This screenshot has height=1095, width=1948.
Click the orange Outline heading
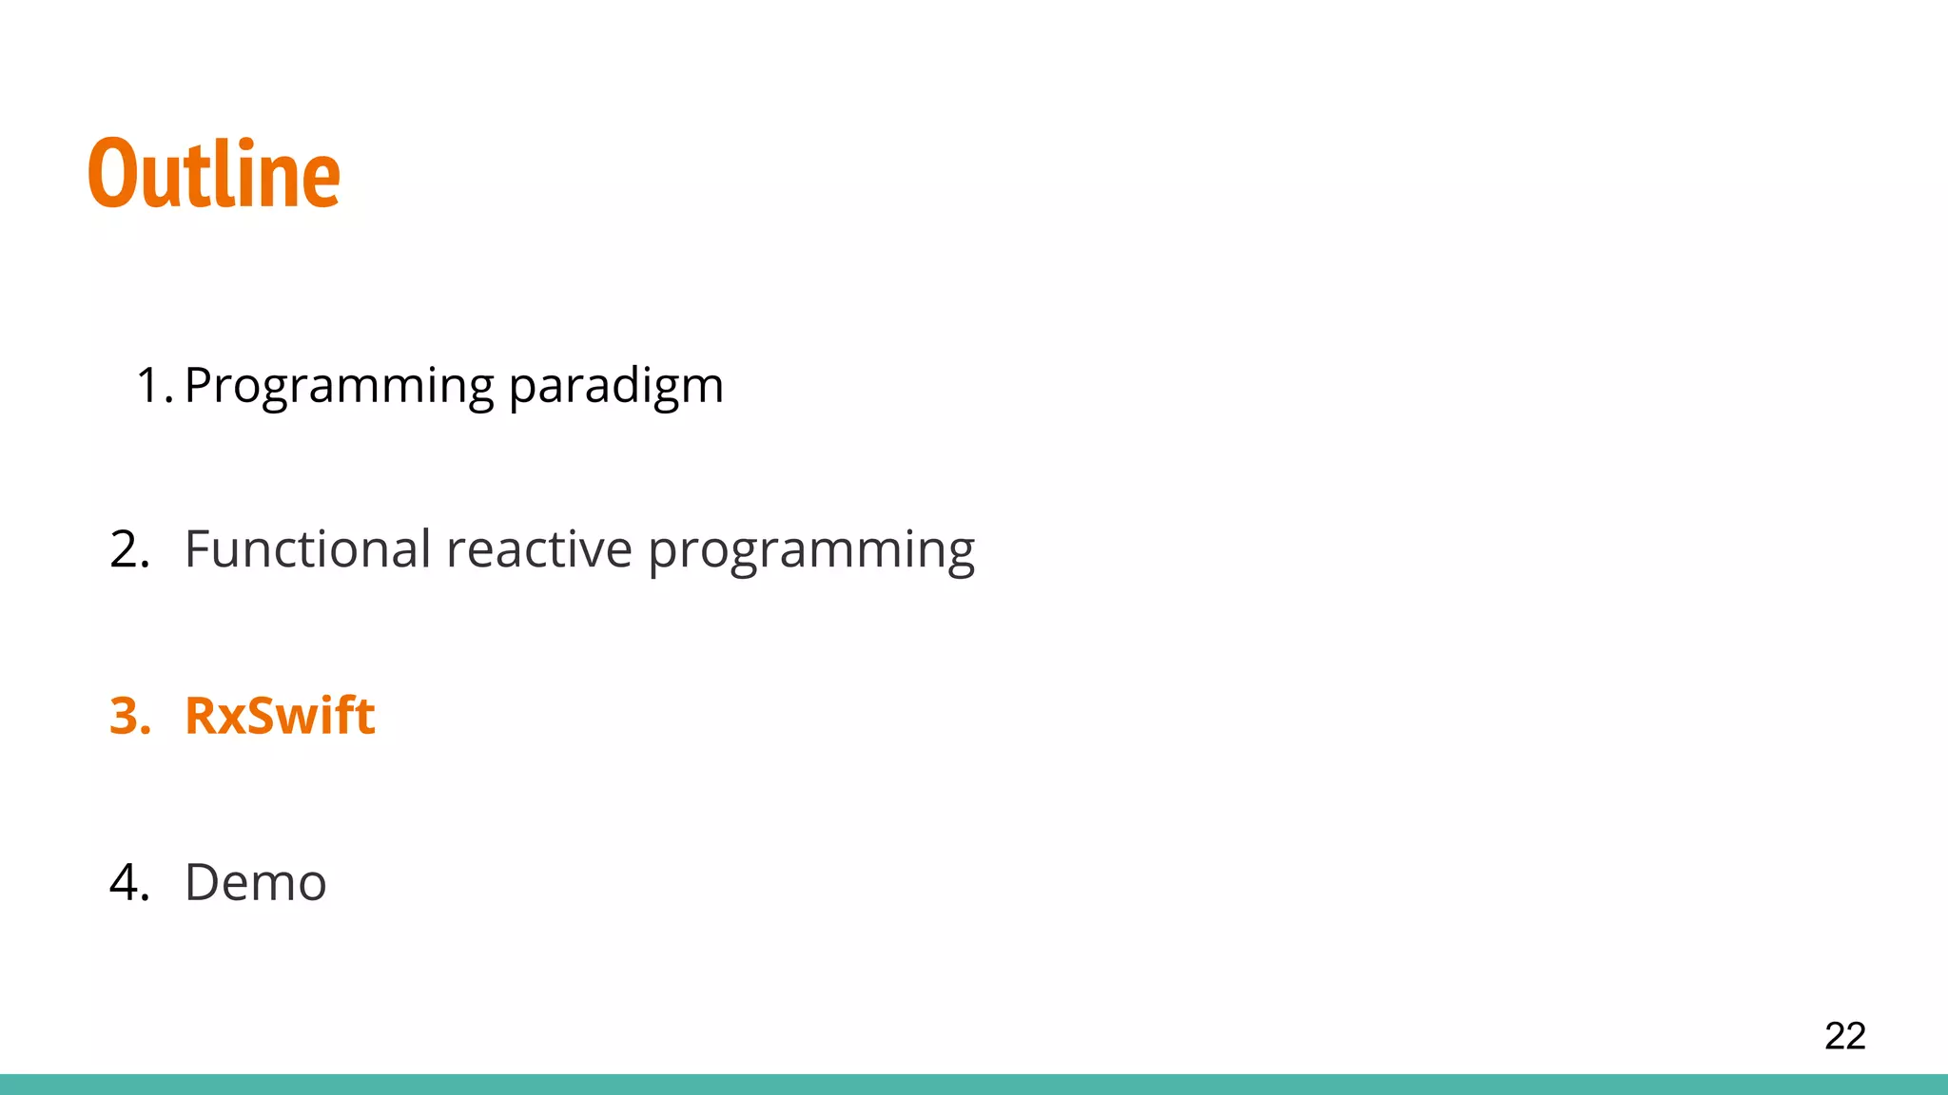click(x=214, y=174)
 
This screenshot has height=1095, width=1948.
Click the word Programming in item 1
click(x=339, y=387)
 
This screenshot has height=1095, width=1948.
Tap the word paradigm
click(x=615, y=387)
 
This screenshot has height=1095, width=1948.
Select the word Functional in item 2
click(x=308, y=549)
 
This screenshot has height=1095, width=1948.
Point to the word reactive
click(x=538, y=549)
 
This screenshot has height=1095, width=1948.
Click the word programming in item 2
click(x=810, y=551)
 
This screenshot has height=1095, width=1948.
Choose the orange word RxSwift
click(x=280, y=716)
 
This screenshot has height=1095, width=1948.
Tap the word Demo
click(x=255, y=882)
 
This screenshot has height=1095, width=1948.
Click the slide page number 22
click(x=1844, y=1035)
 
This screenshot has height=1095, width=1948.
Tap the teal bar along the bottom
click(x=974, y=1085)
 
